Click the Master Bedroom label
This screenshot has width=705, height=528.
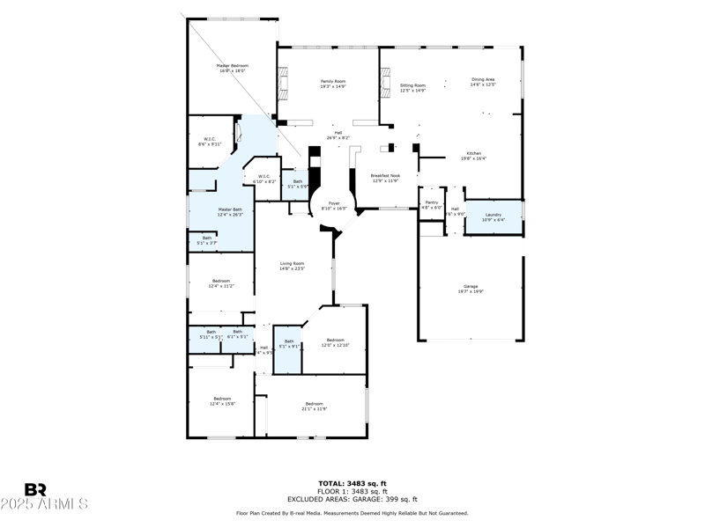[233, 68]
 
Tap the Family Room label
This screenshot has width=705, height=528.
[332, 84]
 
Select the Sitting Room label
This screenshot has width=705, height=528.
[412, 87]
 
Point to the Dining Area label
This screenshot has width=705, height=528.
[483, 82]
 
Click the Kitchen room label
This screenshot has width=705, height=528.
[473, 156]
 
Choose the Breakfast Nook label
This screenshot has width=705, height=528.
[385, 178]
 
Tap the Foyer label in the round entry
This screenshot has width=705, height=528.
[334, 206]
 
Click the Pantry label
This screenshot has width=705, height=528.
[431, 205]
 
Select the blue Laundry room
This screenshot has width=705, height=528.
[493, 217]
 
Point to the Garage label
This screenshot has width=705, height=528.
[471, 289]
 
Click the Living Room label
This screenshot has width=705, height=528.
[293, 266]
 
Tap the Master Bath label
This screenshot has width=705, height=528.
[230, 212]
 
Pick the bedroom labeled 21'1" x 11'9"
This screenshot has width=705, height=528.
[314, 406]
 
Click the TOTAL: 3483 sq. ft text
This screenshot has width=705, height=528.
[352, 482]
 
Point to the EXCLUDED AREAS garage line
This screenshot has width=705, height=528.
[352, 499]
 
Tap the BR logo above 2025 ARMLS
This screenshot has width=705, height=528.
[35, 489]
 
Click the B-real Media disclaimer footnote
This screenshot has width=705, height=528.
[352, 513]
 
